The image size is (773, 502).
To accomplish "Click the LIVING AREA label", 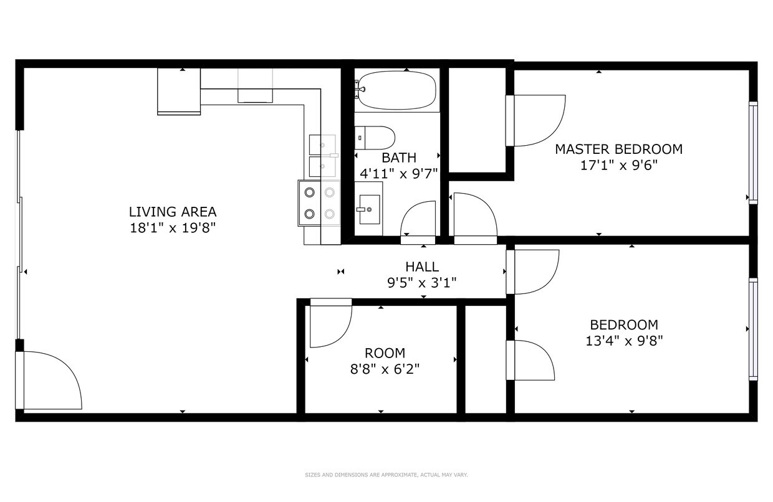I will click(173, 212).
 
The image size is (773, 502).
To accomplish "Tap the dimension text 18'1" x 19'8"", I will click(173, 228).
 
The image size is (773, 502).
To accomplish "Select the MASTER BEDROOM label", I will click(618, 149).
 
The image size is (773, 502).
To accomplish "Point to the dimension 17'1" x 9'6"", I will click(618, 166).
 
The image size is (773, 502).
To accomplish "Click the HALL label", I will click(422, 267).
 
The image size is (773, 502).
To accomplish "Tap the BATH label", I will click(399, 158).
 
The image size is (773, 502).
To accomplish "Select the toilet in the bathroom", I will click(375, 138).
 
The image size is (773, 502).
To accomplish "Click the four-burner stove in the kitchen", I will click(319, 203).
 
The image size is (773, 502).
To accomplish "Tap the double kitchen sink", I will click(323, 156).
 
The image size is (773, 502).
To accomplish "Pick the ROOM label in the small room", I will click(385, 354).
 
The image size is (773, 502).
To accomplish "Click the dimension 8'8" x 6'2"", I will click(385, 369).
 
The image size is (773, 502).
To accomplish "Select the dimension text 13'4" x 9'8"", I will click(624, 341).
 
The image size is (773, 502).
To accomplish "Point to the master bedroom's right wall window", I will click(753, 153).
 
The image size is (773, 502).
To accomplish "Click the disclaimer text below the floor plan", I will click(386, 475).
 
